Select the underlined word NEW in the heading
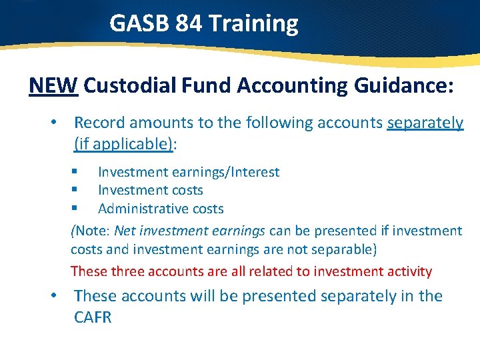[x=54, y=86]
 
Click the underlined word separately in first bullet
[x=425, y=123]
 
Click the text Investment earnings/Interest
[x=189, y=172]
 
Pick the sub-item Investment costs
[x=150, y=191]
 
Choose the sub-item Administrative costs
[x=161, y=209]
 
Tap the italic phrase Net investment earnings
[x=189, y=231]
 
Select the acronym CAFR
[x=93, y=317]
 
